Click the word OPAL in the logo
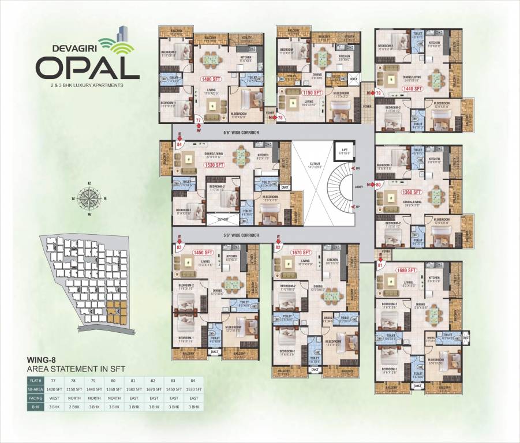click(87, 67)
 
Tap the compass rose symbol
click(89, 198)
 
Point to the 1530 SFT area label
click(214, 165)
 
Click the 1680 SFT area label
click(406, 270)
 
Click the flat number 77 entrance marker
click(199, 121)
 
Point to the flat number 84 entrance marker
click(179, 145)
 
